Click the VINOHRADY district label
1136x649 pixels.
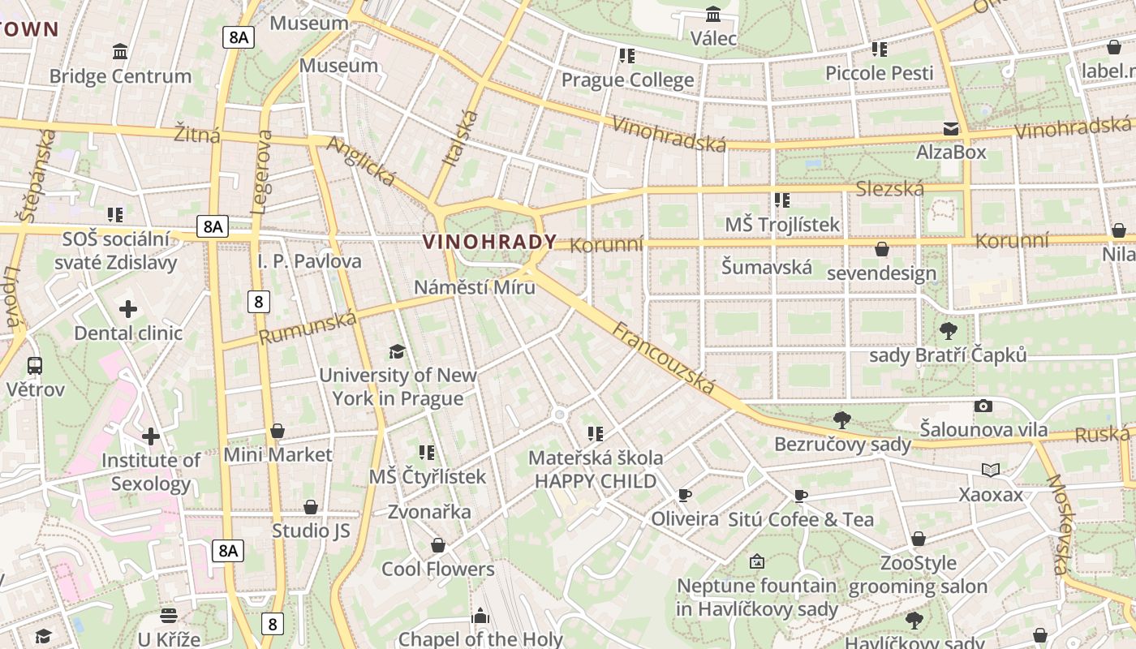point(489,242)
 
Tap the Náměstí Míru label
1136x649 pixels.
point(475,287)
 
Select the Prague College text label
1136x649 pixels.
point(627,80)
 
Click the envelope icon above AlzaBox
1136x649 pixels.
point(950,129)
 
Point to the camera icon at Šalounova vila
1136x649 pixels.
point(983,406)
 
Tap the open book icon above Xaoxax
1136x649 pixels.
point(991,470)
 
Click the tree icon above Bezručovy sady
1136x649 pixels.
point(842,420)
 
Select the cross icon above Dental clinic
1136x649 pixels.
point(128,309)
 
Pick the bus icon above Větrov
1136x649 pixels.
point(35,366)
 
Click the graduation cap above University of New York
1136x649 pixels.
point(397,351)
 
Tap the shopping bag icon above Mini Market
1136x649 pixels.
point(278,430)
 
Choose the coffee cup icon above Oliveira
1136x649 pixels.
point(685,495)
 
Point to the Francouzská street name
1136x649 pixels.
point(664,358)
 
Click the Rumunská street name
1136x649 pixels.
point(308,327)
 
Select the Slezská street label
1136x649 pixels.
point(889,190)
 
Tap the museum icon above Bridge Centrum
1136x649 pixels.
point(120,53)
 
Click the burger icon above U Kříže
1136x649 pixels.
point(169,615)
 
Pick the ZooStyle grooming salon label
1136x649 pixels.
point(918,574)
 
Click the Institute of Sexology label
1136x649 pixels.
point(151,472)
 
